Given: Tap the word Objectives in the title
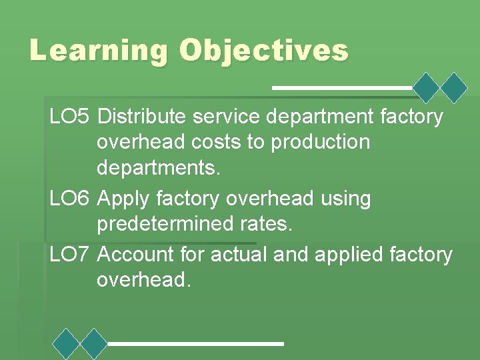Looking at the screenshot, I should [263, 51].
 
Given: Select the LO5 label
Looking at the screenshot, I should [69, 117].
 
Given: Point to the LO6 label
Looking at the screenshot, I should [69, 199].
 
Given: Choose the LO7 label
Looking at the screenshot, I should [69, 254].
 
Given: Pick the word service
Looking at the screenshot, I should [225, 117].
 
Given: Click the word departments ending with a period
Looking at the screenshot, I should [158, 168].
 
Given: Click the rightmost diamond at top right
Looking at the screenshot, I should [455, 87].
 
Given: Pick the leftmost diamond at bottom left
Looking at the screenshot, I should [67, 343].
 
